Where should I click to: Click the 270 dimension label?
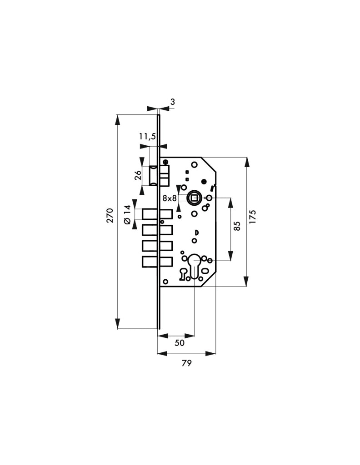pos(110,216)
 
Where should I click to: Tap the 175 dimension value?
pos(253,217)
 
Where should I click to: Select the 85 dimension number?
pos(237,226)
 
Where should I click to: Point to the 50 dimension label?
pos(180,343)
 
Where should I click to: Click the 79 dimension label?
pos(186,363)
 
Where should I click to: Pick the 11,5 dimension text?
pos(147,137)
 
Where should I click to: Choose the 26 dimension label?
pos(138,176)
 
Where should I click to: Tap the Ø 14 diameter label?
pos(127,215)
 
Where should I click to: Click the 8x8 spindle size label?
pos(170,198)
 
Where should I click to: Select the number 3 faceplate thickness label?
pos(173,102)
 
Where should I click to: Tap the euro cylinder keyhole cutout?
pos(194,266)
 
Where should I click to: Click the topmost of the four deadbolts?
pos(157,214)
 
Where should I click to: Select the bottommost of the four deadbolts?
pos(157,261)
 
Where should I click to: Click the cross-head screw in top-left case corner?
pos(165,162)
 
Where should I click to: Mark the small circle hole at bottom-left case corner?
pos(165,282)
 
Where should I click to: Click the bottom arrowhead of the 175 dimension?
pos(246,282)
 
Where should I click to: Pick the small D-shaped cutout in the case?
pos(196,232)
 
